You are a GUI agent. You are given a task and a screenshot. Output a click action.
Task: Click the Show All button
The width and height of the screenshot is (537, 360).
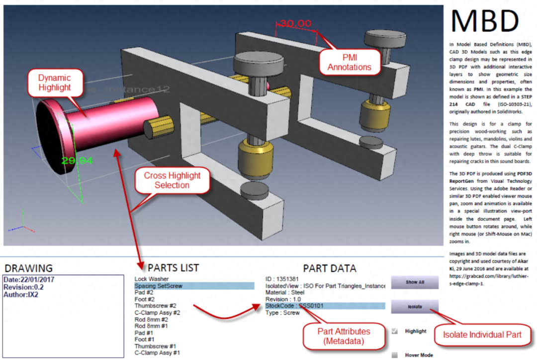tap(415, 282)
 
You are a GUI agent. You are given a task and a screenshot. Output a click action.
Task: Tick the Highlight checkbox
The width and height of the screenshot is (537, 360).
tap(395, 331)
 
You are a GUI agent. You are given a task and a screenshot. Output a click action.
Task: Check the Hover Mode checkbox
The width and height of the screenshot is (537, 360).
tap(395, 355)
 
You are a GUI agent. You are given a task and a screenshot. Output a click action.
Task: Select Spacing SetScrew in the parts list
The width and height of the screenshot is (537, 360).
tap(159, 286)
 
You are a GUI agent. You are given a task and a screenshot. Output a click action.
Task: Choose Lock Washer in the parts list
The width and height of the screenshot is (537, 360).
tap(152, 279)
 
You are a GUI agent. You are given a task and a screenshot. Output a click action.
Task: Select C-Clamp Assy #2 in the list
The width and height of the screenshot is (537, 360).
tap(157, 313)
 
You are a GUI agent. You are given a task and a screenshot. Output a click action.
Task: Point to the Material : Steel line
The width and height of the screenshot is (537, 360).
tap(285, 292)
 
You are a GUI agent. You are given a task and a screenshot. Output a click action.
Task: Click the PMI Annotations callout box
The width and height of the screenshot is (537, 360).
tap(349, 62)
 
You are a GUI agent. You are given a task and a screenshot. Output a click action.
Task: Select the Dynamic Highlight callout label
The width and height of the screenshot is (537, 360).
tap(54, 83)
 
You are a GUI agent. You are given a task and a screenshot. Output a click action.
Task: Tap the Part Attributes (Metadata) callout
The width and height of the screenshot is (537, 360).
tap(344, 336)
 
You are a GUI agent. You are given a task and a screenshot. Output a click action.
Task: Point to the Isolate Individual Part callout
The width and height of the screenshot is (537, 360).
tap(482, 335)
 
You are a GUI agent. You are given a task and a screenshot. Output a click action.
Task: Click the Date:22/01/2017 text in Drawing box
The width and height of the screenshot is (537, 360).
tap(29, 279)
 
